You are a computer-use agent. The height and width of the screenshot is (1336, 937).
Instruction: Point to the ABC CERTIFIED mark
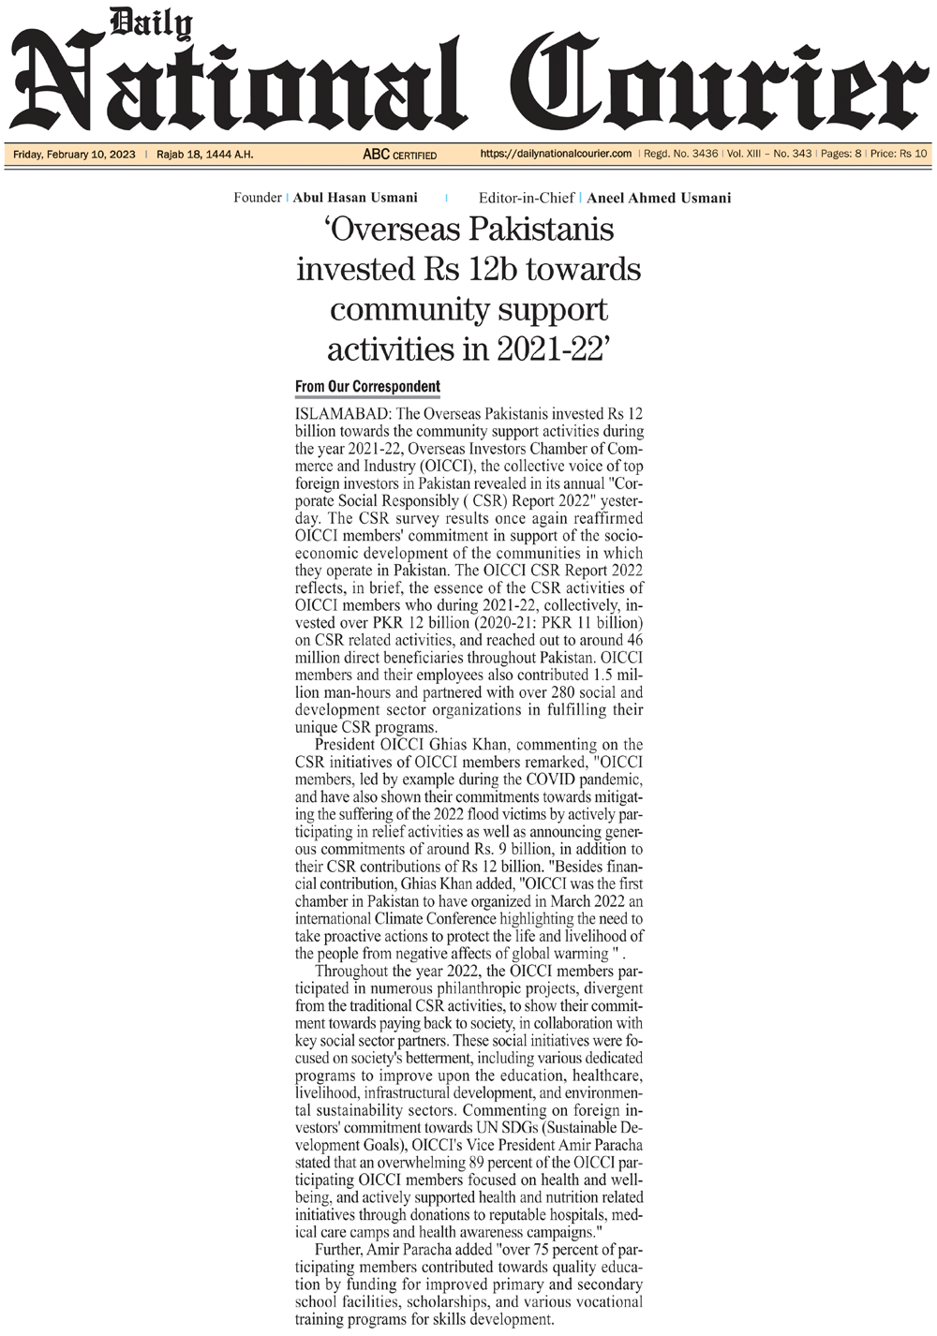399,155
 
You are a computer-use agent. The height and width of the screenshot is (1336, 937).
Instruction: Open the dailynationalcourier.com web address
556,154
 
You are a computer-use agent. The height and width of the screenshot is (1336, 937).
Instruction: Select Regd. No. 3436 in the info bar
681,154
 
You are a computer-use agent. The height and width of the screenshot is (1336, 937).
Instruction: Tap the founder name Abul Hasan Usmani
355,198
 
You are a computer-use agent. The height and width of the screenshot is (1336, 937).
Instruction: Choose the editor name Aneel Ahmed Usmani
659,198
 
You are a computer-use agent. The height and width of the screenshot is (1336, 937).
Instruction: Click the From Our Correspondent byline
367,387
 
